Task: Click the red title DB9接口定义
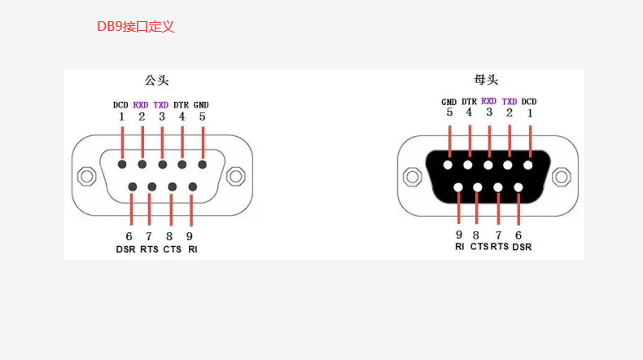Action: pyautogui.click(x=136, y=27)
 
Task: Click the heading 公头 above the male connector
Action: pyautogui.click(x=157, y=80)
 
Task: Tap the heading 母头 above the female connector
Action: pyautogui.click(x=486, y=80)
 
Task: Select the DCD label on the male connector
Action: pyautogui.click(x=121, y=104)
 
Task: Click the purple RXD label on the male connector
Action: pyautogui.click(x=142, y=104)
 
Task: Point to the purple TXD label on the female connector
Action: pyautogui.click(x=510, y=102)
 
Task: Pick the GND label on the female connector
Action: pyautogui.click(x=449, y=102)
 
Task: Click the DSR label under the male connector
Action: pyautogui.click(x=125, y=249)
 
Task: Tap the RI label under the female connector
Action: pyautogui.click(x=460, y=246)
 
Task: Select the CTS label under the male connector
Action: pyautogui.click(x=172, y=249)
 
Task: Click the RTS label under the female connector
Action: pyautogui.click(x=499, y=246)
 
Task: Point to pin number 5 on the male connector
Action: pyautogui.click(x=202, y=116)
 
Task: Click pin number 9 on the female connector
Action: pyautogui.click(x=459, y=235)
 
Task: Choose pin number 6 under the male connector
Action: pyautogui.click(x=129, y=236)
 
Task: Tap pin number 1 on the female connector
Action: pyautogui.click(x=530, y=113)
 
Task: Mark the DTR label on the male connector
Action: pyautogui.click(x=182, y=104)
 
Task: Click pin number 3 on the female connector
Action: pyautogui.click(x=489, y=113)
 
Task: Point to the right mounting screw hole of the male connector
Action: pyautogui.click(x=236, y=176)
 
